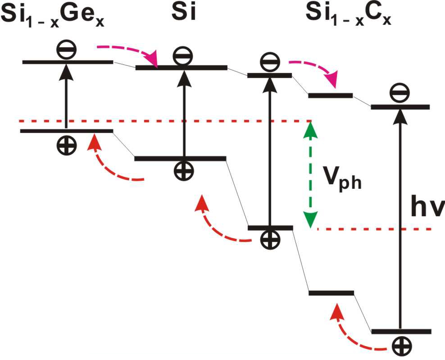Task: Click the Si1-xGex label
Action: click(54, 16)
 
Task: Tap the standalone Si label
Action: click(183, 14)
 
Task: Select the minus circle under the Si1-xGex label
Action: click(67, 50)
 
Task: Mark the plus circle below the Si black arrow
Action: click(184, 171)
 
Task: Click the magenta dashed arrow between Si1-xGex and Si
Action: click(131, 52)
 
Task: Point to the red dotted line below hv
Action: click(374, 229)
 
